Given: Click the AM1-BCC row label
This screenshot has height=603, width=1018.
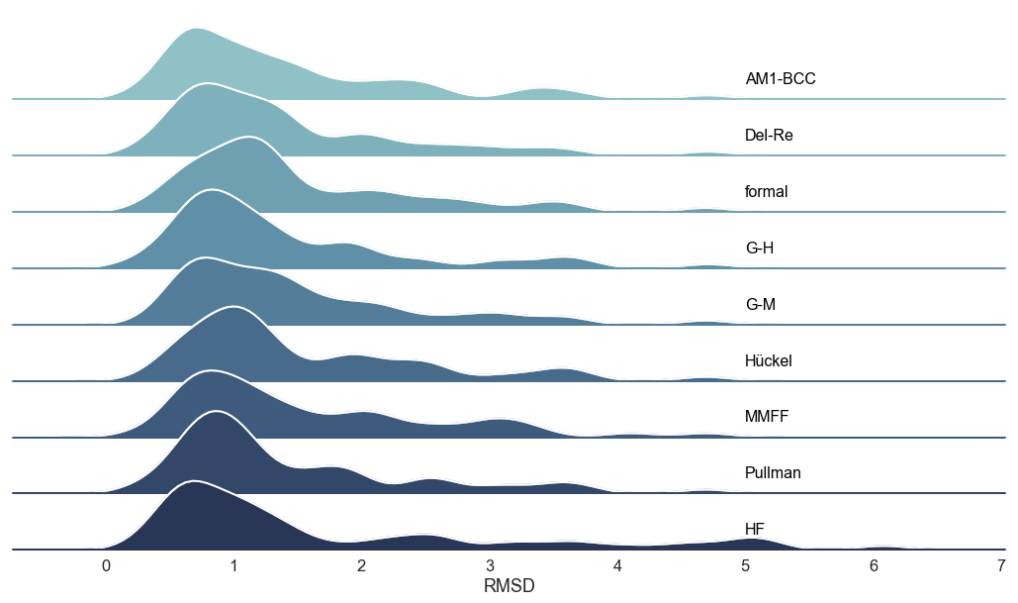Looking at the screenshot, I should [780, 79].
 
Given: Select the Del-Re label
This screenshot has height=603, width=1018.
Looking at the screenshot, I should [769, 136].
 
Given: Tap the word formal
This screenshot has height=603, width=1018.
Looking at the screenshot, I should [766, 192].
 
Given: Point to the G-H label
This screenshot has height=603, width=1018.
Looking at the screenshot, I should [759, 249].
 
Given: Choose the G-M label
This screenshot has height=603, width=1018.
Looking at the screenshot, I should [760, 305].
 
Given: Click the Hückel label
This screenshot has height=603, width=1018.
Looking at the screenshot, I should [768, 361].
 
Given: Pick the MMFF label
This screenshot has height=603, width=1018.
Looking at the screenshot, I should [766, 418].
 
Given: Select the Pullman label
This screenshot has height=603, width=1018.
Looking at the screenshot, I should [773, 473].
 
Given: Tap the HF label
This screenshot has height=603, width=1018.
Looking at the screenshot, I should [756, 530].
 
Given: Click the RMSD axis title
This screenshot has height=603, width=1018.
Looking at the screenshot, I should [509, 585].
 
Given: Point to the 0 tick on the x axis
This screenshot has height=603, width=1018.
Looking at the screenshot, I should [106, 566].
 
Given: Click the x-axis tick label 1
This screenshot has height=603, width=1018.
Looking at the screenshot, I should [233, 566].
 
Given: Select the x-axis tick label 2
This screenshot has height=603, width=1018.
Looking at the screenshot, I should [362, 566].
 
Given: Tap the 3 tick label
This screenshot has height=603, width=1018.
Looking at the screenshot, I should [490, 566].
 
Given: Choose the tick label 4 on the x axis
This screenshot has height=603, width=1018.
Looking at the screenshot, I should [617, 566].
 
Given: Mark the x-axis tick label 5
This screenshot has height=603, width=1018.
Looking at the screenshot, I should [746, 566].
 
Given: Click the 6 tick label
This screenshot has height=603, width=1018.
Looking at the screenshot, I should [874, 566].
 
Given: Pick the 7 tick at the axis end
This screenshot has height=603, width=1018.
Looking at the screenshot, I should [1001, 566].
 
